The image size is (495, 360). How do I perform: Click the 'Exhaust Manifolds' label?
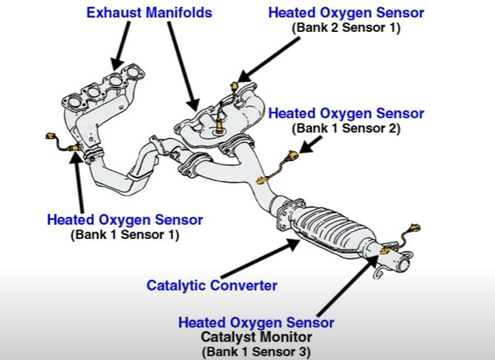point(149,13)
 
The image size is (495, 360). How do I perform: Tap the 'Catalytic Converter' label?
point(212,285)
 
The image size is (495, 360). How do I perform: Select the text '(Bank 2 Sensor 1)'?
point(346,27)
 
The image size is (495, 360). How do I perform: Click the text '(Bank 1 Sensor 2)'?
point(346,128)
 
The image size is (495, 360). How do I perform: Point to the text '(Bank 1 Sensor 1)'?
point(125,235)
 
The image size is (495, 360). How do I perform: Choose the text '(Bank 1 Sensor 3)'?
point(256,351)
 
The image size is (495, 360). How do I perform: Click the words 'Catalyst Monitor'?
point(256,337)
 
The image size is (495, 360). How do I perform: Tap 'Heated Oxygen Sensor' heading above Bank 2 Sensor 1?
point(346,13)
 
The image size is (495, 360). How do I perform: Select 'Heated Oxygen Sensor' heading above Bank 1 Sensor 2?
point(346,114)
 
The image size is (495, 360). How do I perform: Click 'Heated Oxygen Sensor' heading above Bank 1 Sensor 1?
point(125,220)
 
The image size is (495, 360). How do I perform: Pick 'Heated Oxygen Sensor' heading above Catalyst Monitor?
point(256,323)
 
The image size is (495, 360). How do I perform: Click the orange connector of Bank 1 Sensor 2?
point(292,156)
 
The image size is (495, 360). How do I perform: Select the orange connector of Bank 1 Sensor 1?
point(52,137)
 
